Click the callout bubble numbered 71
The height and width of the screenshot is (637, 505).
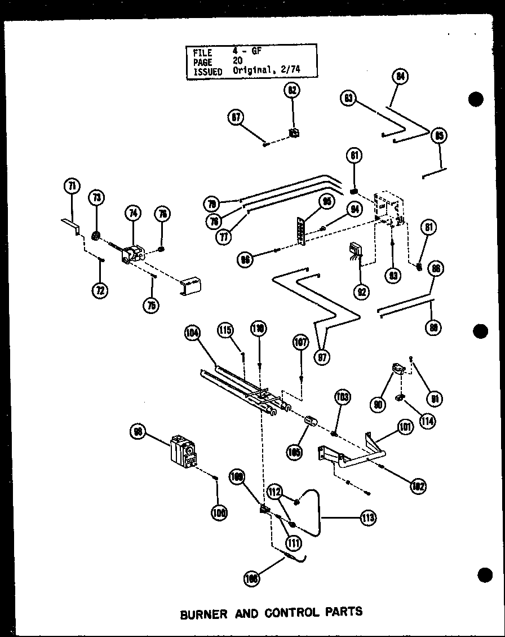pos(72,185)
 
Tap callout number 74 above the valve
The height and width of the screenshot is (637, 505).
pos(133,213)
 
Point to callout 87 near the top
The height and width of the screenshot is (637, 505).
pos(236,118)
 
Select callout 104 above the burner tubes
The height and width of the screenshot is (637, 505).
pos(193,333)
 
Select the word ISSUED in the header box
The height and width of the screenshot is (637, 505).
pos(207,72)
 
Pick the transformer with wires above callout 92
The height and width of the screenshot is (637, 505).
pos(355,251)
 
